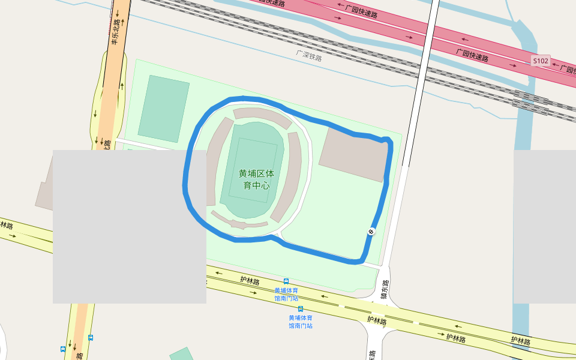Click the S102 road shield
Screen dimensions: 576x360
pos(540,61)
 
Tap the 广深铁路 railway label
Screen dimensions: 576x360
pos(309,56)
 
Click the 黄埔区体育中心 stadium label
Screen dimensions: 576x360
pos(256,179)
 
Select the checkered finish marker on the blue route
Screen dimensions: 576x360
pos(371,232)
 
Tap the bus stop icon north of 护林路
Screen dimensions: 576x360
pos(286,281)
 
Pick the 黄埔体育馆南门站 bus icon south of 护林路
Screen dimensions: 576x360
pos(301,308)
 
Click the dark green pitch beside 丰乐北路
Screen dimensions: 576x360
pos(163,109)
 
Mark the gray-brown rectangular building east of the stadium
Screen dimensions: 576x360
pos(354,154)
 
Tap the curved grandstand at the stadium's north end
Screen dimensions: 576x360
pos(262,115)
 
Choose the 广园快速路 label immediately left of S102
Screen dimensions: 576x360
pos(472,55)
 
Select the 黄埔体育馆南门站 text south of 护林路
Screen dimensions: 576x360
pos(301,322)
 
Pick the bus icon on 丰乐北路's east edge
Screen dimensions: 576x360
pos(91,338)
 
